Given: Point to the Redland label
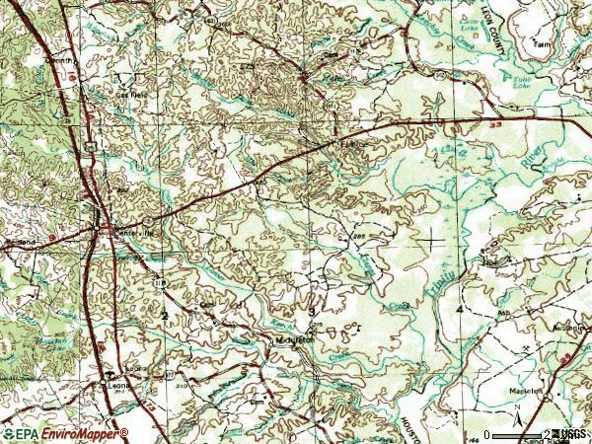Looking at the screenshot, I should point(22,241).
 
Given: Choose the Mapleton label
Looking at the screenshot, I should point(526,391).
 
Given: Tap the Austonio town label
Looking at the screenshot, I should point(571,328).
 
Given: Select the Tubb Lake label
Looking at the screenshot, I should point(524,83).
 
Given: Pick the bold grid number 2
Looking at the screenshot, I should point(165,315).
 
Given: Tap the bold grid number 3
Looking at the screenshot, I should point(312,312).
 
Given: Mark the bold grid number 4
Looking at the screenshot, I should point(461,311).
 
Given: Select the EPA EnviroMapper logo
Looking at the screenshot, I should point(65,433).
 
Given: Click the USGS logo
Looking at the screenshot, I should point(570,434).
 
